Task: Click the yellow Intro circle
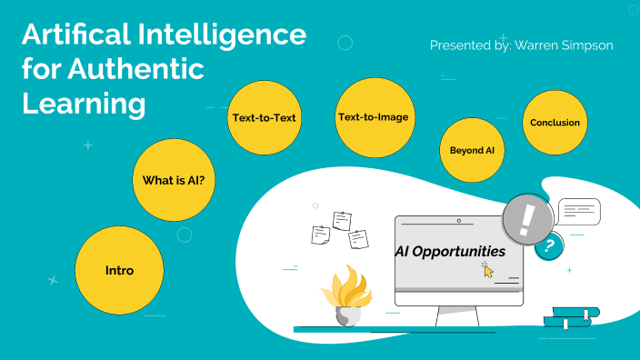[119, 271]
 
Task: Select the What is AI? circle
[179, 180]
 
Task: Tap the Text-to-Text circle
[264, 117]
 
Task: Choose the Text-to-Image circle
[373, 117]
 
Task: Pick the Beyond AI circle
[471, 149]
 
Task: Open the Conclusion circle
[554, 123]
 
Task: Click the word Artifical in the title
[79, 37]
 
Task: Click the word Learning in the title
[83, 103]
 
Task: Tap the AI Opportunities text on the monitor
[449, 251]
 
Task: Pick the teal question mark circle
[547, 245]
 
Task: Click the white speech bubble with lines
[579, 212]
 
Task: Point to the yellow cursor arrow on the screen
[488, 270]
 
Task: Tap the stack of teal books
[572, 317]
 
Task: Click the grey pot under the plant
[348, 315]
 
